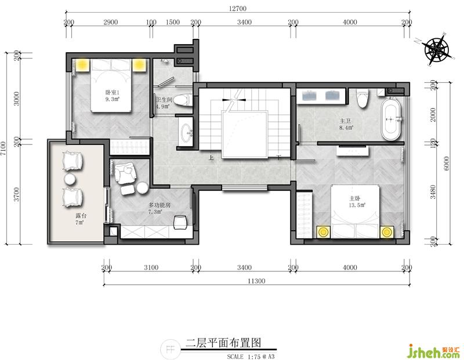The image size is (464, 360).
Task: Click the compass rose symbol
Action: (x=436, y=49)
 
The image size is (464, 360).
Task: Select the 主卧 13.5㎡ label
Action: (x=357, y=201)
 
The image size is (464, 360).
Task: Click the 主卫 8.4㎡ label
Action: (x=346, y=124)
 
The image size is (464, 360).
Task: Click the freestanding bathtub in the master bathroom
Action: (x=391, y=119)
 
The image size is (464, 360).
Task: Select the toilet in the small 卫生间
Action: (x=183, y=100)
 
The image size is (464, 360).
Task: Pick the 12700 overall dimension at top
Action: (x=238, y=8)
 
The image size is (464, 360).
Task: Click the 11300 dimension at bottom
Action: (x=256, y=281)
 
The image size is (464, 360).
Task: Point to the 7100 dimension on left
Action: (x=3, y=148)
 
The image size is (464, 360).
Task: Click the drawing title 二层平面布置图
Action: (x=223, y=343)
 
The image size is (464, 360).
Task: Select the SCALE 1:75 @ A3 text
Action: (x=251, y=357)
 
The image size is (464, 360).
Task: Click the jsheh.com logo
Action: (x=434, y=351)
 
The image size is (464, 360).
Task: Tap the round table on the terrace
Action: (x=70, y=179)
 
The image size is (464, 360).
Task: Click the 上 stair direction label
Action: (x=211, y=158)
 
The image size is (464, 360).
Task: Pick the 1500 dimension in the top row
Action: (x=172, y=22)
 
